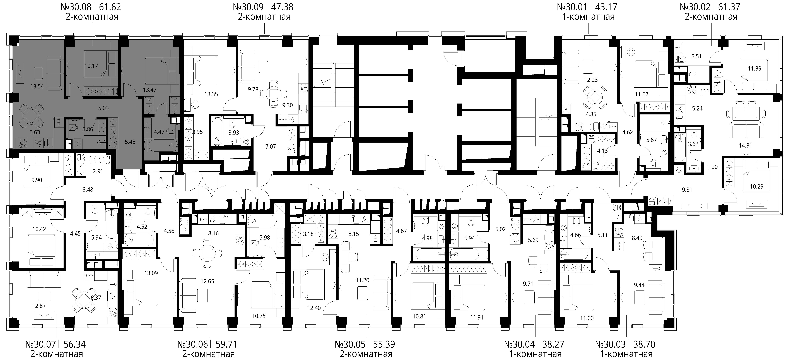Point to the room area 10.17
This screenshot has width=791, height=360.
91,66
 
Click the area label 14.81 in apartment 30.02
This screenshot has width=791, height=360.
745,146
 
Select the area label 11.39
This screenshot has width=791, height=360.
754,68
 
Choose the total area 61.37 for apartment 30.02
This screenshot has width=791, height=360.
727,7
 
